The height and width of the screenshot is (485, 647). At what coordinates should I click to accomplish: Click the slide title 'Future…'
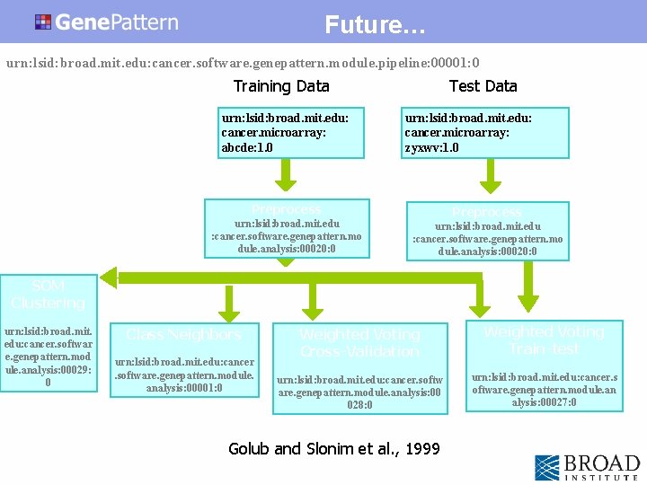tap(375, 24)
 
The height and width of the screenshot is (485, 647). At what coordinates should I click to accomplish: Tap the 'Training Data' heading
tap(281, 86)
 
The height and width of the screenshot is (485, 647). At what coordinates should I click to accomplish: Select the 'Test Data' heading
tap(483, 86)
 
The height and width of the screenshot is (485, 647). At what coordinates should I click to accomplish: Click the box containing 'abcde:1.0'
tap(292, 133)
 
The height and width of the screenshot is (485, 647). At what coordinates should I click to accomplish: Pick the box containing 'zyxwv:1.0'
tap(486, 133)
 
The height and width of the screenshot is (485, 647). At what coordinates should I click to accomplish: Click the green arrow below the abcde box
tap(287, 173)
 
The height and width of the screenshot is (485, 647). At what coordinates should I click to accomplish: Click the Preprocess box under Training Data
tap(287, 229)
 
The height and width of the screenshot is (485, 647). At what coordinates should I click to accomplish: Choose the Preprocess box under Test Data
tap(487, 231)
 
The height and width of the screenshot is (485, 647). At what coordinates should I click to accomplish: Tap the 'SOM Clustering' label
tap(48, 295)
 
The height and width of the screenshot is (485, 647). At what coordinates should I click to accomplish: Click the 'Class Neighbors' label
tap(183, 335)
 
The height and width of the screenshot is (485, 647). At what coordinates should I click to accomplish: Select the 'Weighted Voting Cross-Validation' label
tap(359, 342)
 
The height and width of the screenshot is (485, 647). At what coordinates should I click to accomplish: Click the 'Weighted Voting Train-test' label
tap(543, 339)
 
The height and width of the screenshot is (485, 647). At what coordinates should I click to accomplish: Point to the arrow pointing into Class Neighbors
tap(230, 305)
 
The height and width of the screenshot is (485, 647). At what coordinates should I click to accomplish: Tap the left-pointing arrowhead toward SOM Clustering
tap(110, 274)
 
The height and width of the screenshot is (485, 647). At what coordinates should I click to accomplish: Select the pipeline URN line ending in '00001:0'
tap(243, 63)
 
